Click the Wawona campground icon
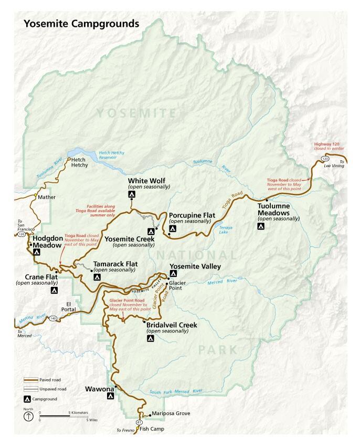pos(111,398)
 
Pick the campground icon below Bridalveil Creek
pos(150,339)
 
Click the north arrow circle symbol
pos(27,417)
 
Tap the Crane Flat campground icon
pos(54,290)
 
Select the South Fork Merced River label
pos(175,391)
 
